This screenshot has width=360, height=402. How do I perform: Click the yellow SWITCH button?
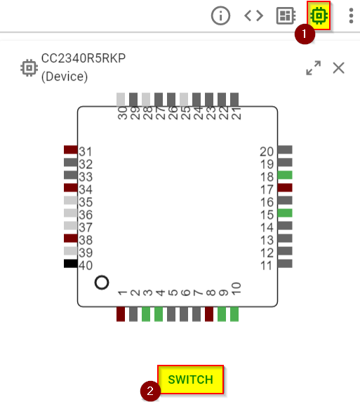pyautogui.click(x=190, y=380)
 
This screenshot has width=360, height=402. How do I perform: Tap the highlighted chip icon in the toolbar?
pyautogui.click(x=319, y=15)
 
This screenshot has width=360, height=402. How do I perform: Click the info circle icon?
pyautogui.click(x=220, y=15)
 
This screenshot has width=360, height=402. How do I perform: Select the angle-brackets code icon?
pyautogui.click(x=253, y=15)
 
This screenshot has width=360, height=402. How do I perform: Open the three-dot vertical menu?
pyautogui.click(x=352, y=15)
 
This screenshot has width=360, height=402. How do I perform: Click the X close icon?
pyautogui.click(x=338, y=68)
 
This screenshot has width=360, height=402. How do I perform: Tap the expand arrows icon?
pyautogui.click(x=313, y=68)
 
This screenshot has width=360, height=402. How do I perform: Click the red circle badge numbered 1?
pyautogui.click(x=305, y=34)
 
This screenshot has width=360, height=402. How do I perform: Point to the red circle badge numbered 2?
pyautogui.click(x=150, y=391)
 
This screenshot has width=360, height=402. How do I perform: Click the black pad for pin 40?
pyautogui.click(x=70, y=264)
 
